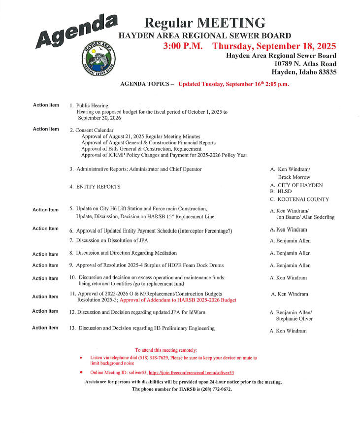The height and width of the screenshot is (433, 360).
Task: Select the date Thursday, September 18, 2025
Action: coord(274,46)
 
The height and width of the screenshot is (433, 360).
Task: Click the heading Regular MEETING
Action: coord(204,23)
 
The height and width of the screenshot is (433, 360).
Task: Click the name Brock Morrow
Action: coord(294,177)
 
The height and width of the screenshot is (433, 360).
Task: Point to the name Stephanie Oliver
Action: coord(295,319)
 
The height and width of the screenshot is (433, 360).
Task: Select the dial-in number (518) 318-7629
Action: coord(150,358)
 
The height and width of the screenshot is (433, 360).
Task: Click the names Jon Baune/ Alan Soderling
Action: coord(305,217)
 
